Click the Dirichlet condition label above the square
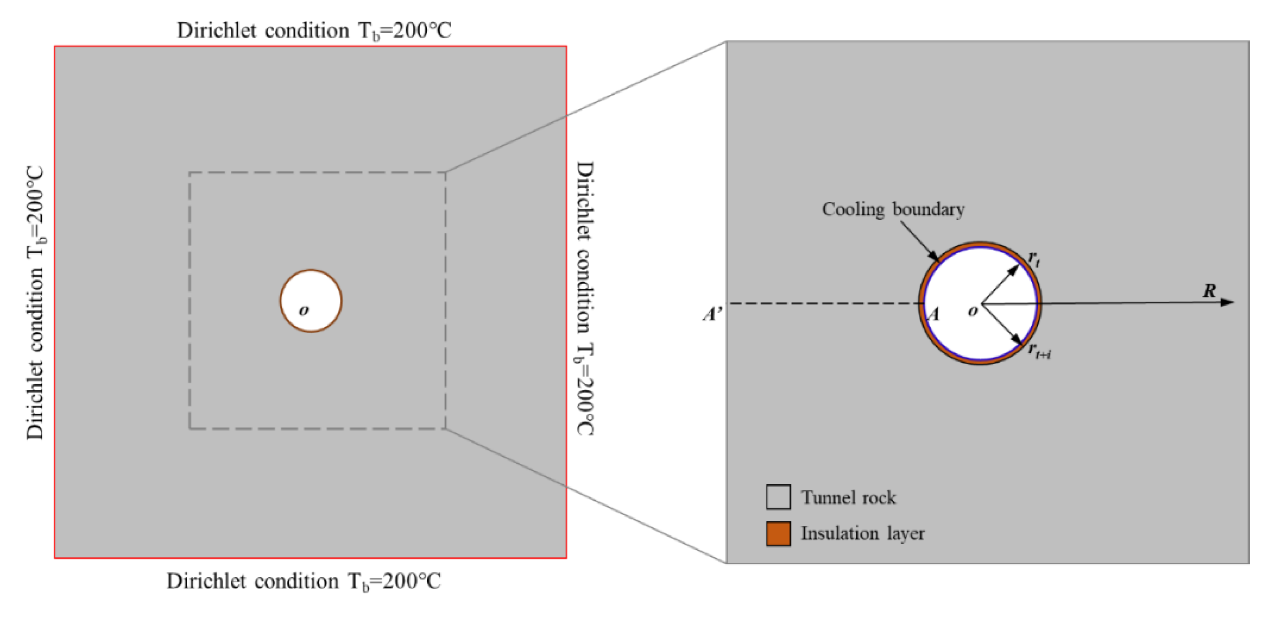314,31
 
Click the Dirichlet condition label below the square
303,582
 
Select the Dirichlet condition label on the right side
585,299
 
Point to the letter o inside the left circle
304,310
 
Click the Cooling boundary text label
893,210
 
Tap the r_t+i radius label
1039,351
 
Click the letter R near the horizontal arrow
1209,291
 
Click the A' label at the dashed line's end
712,314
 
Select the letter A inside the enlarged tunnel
933,314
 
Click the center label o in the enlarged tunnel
972,311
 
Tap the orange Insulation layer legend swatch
778,534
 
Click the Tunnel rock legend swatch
778,497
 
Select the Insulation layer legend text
863,534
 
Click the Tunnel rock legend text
848,498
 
